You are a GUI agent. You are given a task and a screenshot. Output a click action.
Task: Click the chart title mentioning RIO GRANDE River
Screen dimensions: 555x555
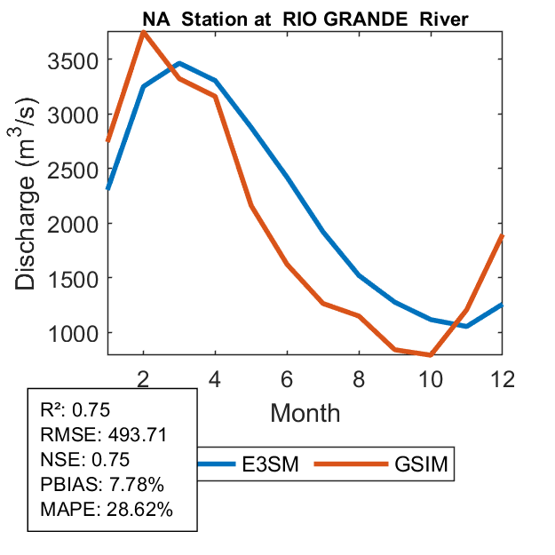(305, 20)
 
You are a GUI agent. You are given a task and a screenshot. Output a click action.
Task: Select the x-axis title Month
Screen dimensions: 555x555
(305, 411)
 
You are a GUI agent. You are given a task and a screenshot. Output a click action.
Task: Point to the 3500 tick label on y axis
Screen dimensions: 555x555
(71, 59)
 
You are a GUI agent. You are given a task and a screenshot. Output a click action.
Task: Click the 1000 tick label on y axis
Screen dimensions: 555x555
(71, 332)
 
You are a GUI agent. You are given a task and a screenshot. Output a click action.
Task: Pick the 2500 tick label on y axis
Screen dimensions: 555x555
(71, 169)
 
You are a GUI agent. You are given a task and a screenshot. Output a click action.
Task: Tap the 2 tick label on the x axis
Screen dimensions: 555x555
(144, 378)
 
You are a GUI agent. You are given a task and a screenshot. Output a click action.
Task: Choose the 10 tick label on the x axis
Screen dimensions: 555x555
(430, 378)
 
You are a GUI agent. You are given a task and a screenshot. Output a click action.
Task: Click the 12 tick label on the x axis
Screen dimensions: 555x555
(502, 378)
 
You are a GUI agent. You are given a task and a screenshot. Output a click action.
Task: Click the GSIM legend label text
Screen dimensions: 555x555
(420, 464)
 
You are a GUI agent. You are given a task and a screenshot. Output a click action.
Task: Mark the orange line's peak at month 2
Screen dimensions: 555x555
(144, 32)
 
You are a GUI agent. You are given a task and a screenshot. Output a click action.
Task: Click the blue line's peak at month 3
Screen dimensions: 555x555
(179, 63)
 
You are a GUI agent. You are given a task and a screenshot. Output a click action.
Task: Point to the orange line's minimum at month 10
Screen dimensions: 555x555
(430, 354)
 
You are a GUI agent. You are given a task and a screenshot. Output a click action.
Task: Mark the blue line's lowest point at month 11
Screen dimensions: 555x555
(466, 326)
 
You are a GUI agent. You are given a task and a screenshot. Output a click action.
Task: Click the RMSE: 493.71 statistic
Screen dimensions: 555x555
(104, 435)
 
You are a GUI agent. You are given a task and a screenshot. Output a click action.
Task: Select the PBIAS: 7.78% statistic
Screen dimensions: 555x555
(102, 485)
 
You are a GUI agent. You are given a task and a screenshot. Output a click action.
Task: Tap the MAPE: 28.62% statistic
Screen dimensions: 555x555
(107, 510)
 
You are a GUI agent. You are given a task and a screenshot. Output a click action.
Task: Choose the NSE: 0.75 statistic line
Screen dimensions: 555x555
(85, 460)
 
